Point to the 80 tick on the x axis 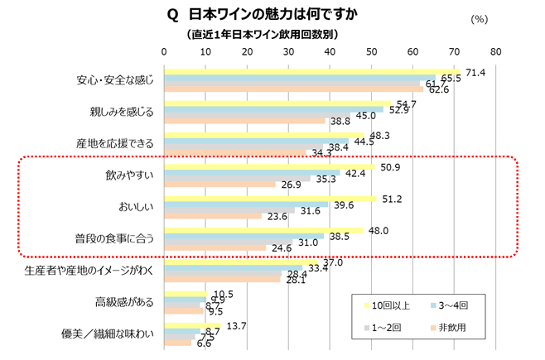[495, 51]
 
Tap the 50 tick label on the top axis [371, 51]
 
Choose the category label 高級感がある [125, 302]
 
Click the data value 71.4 [475, 73]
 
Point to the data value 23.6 [276, 218]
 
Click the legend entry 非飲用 [451, 328]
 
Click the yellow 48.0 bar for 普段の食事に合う [264, 230]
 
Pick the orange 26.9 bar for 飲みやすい [220, 185]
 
